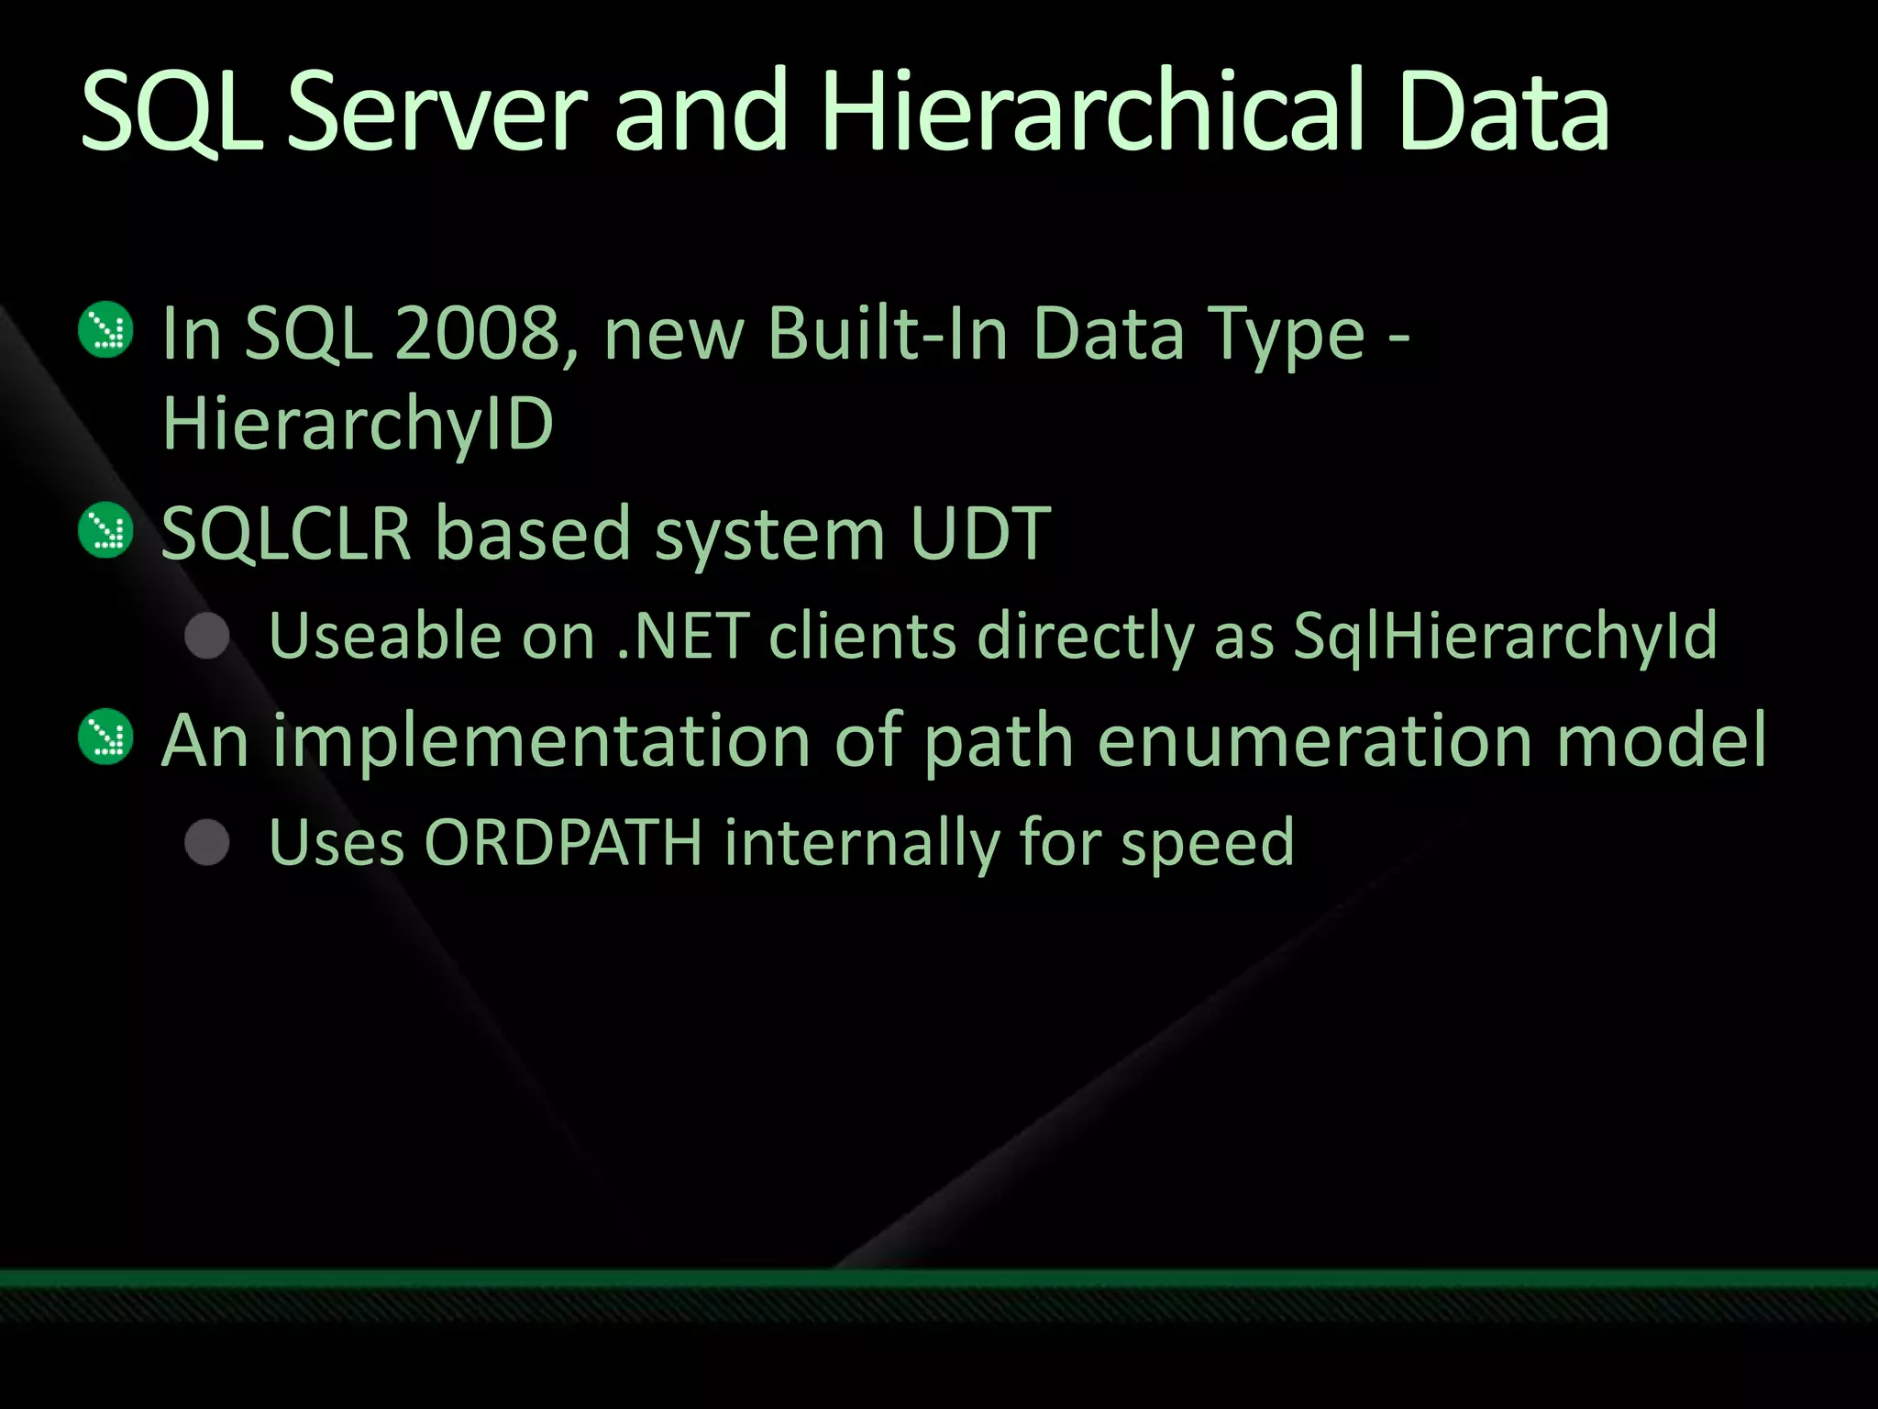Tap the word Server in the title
tap(436, 112)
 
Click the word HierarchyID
tap(358, 425)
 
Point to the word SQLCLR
tap(286, 534)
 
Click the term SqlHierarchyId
tap(1505, 636)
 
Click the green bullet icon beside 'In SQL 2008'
tap(106, 330)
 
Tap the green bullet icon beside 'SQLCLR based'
tap(106, 530)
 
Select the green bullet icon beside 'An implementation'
tap(106, 737)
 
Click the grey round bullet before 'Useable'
tap(207, 636)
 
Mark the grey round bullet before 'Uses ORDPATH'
tap(207, 842)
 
